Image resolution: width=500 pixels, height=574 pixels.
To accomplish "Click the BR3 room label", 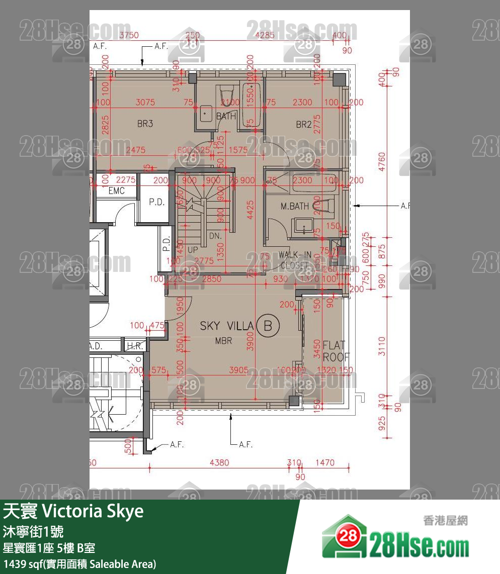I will [145, 124].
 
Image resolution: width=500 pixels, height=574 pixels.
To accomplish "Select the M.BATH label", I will [295, 206].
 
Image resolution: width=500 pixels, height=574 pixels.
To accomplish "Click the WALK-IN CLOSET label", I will [295, 260].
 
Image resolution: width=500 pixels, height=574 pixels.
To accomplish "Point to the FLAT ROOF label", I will [334, 351].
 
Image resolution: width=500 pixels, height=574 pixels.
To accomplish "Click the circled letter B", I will [268, 326].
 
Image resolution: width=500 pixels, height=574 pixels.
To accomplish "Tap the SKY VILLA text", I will [226, 326].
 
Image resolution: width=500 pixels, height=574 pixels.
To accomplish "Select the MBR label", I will [223, 341].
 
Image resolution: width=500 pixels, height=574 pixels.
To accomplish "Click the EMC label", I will [117, 191].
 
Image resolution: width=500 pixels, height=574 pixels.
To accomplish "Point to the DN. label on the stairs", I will [215, 235].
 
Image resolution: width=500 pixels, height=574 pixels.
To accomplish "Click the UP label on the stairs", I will [193, 249].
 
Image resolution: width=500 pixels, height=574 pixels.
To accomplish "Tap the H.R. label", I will [134, 346].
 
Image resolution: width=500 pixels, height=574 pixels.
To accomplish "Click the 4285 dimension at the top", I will [265, 36].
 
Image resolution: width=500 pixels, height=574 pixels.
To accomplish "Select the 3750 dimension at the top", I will [129, 36].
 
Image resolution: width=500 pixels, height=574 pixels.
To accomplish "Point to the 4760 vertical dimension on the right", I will [382, 162].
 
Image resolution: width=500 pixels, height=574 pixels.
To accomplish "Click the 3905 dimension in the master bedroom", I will [238, 370].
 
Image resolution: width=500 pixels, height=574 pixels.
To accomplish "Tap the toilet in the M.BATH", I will [322, 205].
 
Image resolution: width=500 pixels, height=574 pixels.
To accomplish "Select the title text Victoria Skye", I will [93, 511].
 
